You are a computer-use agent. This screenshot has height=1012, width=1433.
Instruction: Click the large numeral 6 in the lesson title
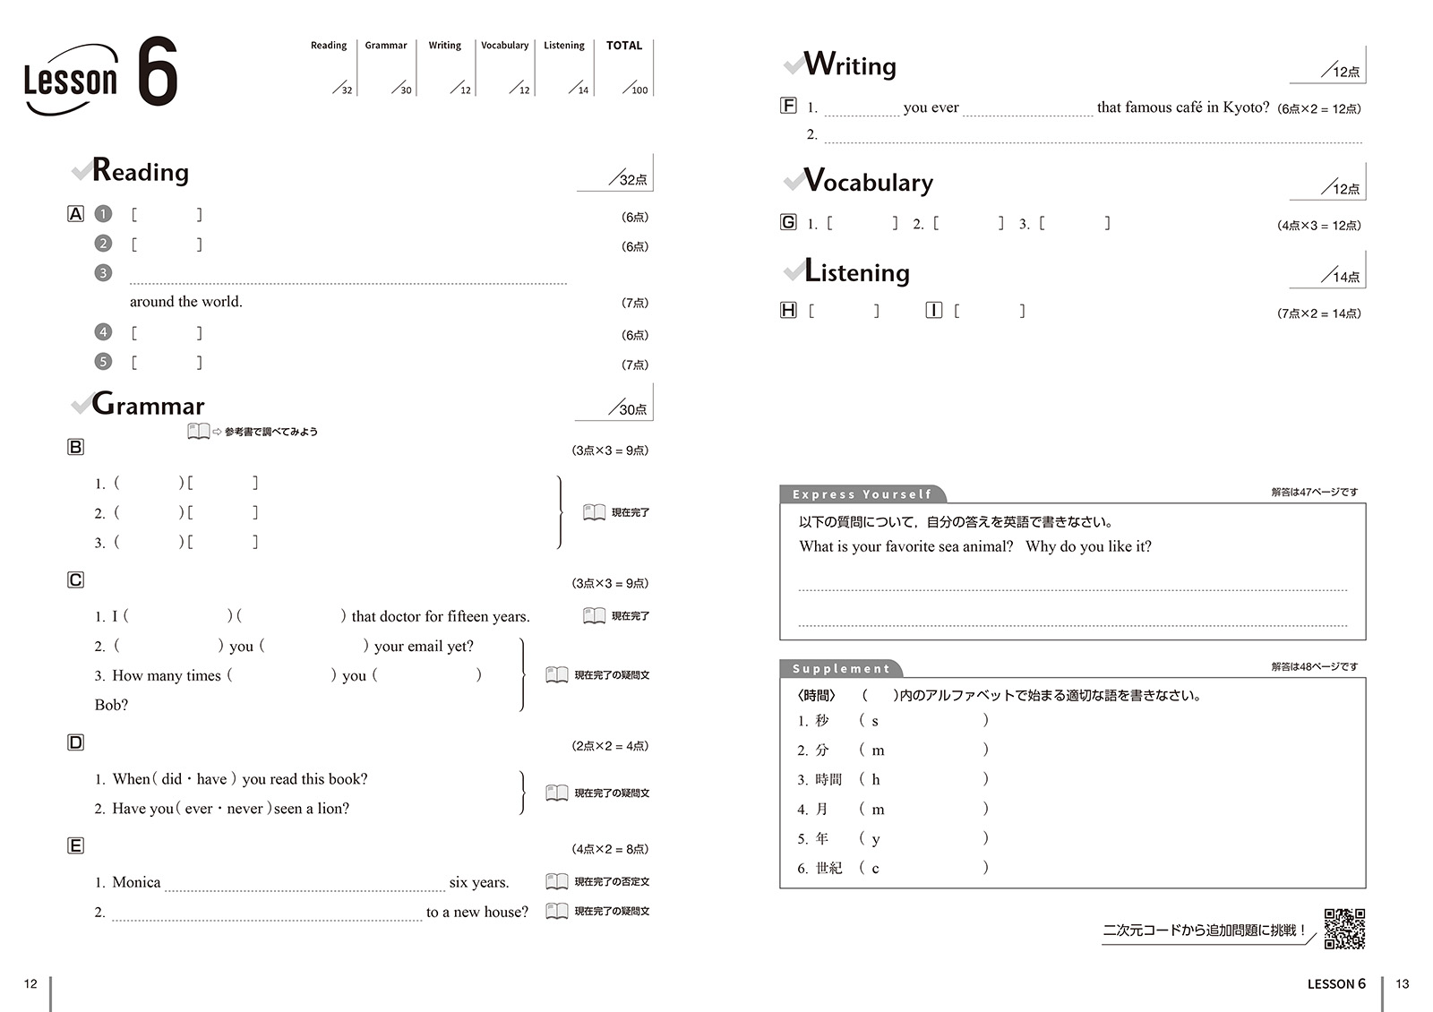158,72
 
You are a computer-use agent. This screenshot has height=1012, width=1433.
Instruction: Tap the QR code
1344,929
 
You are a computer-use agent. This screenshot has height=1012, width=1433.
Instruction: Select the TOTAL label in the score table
624,46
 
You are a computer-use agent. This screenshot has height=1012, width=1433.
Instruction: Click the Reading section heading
141,170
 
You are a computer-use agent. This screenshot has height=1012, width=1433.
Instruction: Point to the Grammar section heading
149,405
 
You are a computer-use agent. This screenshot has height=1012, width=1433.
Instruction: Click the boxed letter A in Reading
76,214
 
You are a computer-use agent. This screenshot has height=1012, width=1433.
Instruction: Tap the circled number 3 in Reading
104,272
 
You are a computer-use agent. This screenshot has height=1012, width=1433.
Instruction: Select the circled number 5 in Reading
104,362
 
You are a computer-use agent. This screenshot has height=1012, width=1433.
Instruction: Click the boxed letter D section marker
76,742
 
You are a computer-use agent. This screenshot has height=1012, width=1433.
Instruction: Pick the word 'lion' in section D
333,809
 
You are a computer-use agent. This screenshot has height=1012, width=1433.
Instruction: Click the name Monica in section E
136,882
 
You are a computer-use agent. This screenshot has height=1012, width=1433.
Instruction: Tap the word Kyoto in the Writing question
1246,107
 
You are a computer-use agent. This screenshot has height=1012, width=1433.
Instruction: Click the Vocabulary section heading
868,182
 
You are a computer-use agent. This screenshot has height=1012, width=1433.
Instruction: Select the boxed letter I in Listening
934,311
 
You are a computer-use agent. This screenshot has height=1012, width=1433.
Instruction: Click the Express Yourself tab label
862,494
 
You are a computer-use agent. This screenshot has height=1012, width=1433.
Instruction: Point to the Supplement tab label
841,669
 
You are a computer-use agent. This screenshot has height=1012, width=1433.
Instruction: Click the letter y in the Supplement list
876,839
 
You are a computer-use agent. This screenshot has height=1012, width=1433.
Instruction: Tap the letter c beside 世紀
876,869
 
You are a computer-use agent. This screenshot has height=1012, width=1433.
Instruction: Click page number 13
1403,983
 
